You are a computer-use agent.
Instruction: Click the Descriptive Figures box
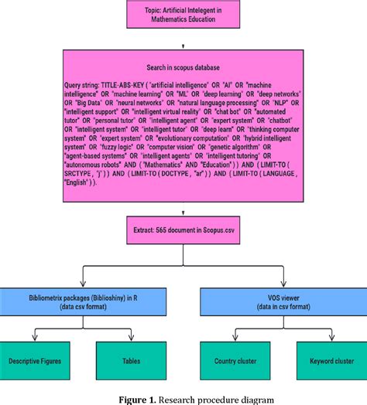(x=38, y=361)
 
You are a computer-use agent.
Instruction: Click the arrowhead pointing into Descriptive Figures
(x=38, y=339)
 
